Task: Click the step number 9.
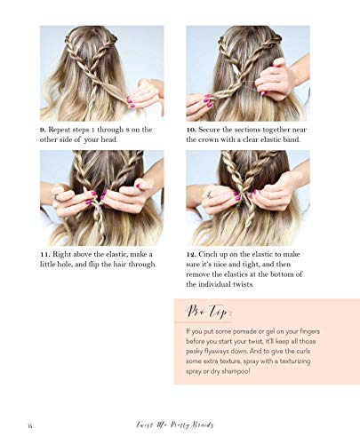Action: click(x=44, y=130)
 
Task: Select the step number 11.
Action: click(x=45, y=254)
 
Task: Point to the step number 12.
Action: click(x=192, y=254)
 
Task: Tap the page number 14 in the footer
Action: click(x=31, y=424)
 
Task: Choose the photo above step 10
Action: click(x=248, y=73)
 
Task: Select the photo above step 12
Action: click(x=248, y=197)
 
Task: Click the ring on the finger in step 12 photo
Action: click(x=208, y=192)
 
